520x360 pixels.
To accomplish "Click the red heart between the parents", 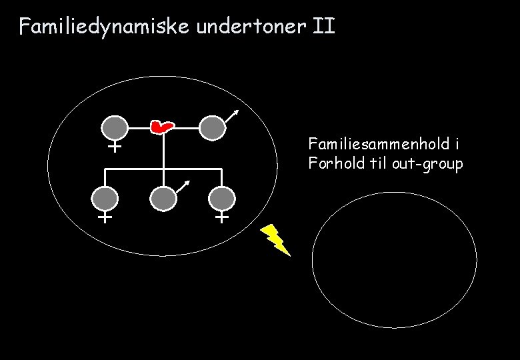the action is [161, 125].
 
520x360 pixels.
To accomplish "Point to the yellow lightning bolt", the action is [276, 239].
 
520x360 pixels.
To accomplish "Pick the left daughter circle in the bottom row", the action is [105, 199].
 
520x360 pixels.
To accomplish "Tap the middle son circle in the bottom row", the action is [163, 199].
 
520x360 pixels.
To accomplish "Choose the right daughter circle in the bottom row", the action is [221, 199].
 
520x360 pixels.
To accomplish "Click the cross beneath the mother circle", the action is [115, 146].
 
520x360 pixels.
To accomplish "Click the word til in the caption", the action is [379, 163].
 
